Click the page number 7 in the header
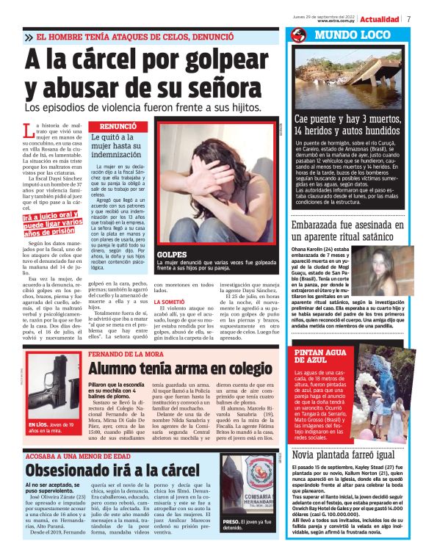[x=408, y=18]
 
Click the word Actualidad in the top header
[x=380, y=18]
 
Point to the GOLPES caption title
[x=172, y=254]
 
